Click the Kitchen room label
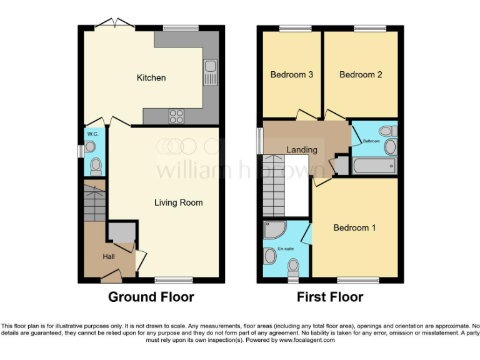click(151, 78)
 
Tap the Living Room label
click(179, 202)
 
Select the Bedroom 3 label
click(291, 75)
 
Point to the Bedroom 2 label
click(361, 75)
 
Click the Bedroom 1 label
click(354, 227)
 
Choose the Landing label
click(302, 150)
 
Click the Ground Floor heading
click(151, 297)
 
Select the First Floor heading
click(329, 297)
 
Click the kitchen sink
click(209, 72)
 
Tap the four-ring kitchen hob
click(176, 116)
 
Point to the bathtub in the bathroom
click(374, 166)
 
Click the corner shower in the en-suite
click(273, 230)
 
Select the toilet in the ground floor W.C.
click(96, 166)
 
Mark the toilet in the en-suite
click(292, 267)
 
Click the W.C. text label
click(93, 134)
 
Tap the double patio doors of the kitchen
click(117, 25)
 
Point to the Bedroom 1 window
click(358, 279)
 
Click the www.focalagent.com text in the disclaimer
click(307, 341)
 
